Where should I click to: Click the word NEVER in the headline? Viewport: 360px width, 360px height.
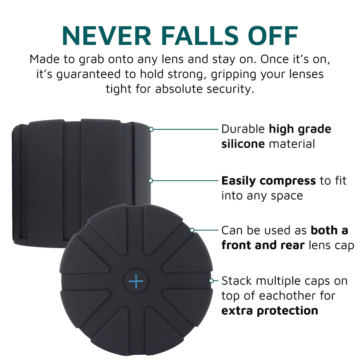click(x=107, y=36)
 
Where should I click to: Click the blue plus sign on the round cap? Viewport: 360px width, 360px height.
click(x=136, y=281)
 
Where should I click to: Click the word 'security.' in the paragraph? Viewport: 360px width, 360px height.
click(x=230, y=89)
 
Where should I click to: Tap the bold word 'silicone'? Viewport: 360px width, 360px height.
click(x=243, y=144)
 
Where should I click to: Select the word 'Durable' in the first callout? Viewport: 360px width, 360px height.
click(x=243, y=129)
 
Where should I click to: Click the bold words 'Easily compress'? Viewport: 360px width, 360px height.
click(x=268, y=181)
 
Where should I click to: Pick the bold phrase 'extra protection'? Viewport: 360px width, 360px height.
click(x=270, y=311)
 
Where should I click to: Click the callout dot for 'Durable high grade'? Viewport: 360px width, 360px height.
click(x=151, y=129)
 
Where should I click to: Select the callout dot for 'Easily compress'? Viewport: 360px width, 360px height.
click(x=151, y=181)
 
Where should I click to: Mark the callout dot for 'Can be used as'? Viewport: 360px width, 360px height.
click(x=192, y=230)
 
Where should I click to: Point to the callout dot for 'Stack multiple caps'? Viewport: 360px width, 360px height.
click(x=211, y=281)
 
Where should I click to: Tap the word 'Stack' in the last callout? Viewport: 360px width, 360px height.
click(x=237, y=280)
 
